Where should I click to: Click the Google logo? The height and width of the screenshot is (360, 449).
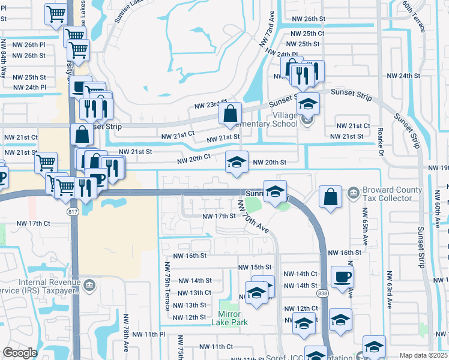point(20,353)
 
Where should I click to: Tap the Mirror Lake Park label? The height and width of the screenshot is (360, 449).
point(226,318)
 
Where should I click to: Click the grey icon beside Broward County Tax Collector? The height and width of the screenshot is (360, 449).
point(352,193)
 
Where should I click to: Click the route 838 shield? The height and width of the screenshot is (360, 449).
point(322,292)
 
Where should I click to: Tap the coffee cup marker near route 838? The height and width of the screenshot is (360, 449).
point(342,277)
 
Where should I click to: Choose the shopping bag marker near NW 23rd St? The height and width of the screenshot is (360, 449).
point(231,113)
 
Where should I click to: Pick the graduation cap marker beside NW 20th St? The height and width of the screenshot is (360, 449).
point(237,162)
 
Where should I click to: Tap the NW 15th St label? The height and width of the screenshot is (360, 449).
point(255,267)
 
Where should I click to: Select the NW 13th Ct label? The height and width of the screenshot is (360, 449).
point(192,293)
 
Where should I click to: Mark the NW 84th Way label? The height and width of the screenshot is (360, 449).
point(4,58)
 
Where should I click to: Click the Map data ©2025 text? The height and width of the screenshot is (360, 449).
point(423,355)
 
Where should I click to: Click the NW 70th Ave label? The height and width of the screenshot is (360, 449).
point(252,217)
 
